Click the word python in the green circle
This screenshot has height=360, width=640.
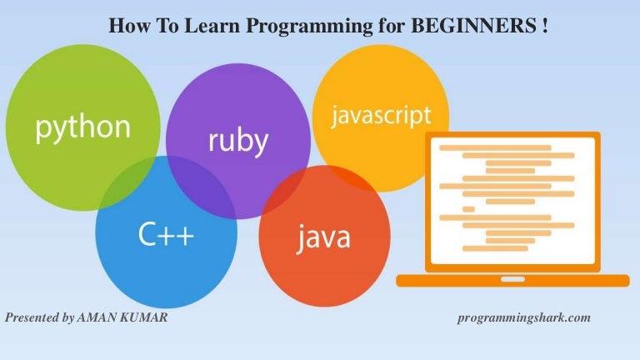(82, 127)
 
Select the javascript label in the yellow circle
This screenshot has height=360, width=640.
(380, 115)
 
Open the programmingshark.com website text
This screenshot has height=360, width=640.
(524, 318)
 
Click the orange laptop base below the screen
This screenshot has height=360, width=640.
(512, 281)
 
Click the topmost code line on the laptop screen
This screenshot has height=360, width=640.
(495, 147)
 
